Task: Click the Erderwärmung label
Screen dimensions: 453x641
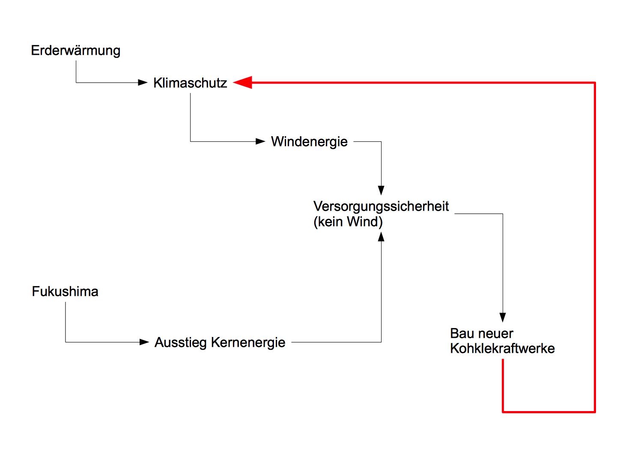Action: (x=75, y=51)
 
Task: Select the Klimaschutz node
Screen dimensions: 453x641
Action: (x=190, y=83)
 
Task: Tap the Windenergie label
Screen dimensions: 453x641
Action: (x=309, y=141)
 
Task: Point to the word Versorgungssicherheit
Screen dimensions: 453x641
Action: (x=381, y=206)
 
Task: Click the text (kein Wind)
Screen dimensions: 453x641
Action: (x=348, y=222)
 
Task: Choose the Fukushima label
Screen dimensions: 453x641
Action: (x=65, y=292)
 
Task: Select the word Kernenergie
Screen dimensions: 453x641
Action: (x=248, y=343)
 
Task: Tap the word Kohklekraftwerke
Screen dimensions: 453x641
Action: (x=502, y=349)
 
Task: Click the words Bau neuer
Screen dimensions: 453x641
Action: (x=481, y=333)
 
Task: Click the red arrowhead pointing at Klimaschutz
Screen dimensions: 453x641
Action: (x=243, y=83)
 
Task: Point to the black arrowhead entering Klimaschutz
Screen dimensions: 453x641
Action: (x=143, y=83)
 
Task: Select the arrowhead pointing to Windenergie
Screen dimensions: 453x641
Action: (x=260, y=141)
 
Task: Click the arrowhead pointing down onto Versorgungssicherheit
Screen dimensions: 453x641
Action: (x=381, y=190)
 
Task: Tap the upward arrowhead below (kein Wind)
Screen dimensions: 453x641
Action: (x=381, y=237)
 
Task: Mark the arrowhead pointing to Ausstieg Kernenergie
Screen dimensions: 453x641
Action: (x=144, y=342)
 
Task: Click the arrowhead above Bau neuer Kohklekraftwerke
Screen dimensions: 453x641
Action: (x=503, y=317)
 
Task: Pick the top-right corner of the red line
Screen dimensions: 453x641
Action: (x=595, y=83)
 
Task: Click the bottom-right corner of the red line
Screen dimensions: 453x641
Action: (x=595, y=412)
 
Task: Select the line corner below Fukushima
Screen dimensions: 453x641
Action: (x=66, y=342)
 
